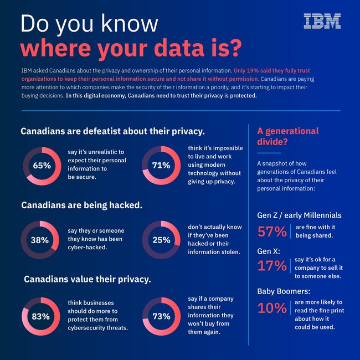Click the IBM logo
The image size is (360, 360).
pos(322,21)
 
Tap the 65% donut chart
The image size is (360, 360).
pos(42,166)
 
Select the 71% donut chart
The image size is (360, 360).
pos(161,166)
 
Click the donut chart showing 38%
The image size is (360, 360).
pos(39,240)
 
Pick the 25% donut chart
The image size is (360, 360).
pos(161,240)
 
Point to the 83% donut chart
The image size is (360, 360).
pos(41,317)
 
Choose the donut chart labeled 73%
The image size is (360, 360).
pos(161,317)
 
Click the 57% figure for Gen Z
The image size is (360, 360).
pos(272,231)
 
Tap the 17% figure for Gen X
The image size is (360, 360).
pos(272,266)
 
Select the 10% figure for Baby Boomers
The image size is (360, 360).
pos(272,308)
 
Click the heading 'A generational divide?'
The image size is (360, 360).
pos(287,136)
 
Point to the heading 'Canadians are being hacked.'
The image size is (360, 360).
pos(81,205)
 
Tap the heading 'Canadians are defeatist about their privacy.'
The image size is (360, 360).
pos(113,131)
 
